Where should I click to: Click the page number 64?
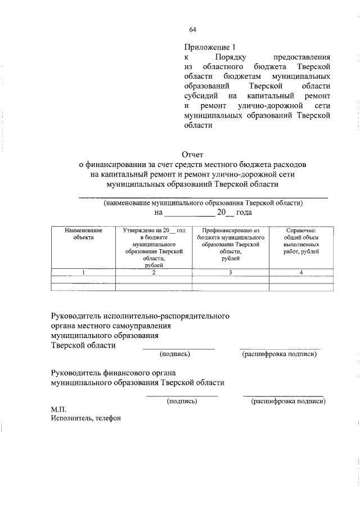pos(192,29)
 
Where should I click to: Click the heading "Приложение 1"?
pos(208,47)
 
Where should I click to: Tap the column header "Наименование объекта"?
pos(83,234)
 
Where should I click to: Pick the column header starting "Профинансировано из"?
pos(231,244)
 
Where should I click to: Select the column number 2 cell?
pos(154,273)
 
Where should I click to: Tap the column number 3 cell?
pos(231,273)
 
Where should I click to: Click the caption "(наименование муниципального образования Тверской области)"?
pos(203,202)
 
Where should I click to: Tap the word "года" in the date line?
pos(242,213)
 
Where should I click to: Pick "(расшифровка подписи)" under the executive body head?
pos(280,354)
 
